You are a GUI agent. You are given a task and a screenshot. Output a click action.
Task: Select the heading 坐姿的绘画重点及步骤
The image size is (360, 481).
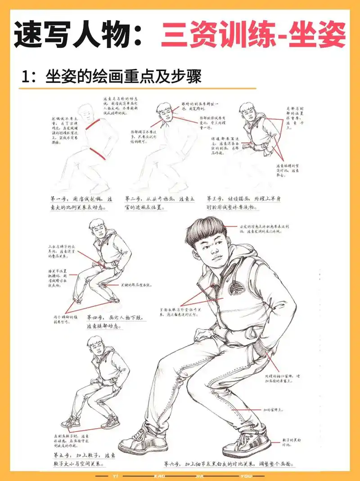click(x=122, y=76)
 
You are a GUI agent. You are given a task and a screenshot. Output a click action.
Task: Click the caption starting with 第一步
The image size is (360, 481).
click(x=79, y=203)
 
